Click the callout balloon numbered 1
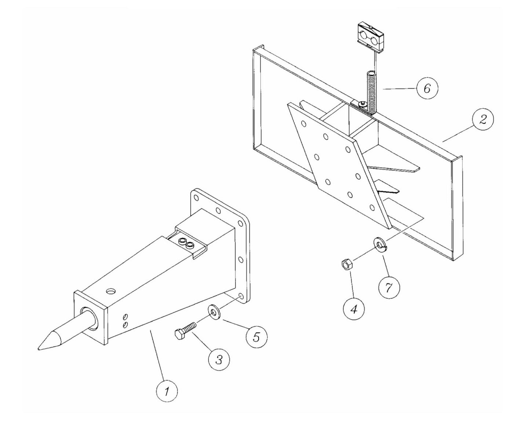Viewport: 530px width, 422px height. click(167, 392)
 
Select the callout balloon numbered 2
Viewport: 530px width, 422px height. click(482, 120)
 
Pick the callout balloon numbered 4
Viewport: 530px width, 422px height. click(353, 309)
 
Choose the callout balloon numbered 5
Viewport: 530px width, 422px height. click(256, 336)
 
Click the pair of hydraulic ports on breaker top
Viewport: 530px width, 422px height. click(185, 243)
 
